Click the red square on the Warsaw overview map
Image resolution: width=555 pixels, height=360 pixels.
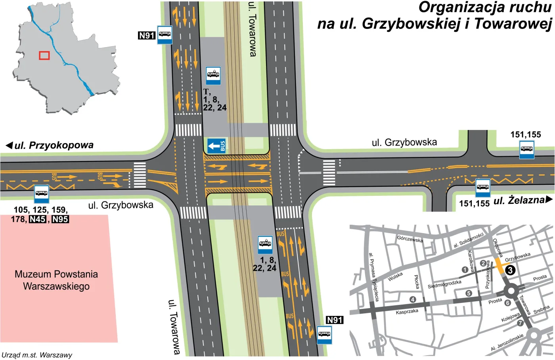44,56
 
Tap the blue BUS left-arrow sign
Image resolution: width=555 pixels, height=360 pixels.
216,146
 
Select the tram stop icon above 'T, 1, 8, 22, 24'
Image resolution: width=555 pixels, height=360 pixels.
213,75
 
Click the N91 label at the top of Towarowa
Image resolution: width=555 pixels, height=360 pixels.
146,35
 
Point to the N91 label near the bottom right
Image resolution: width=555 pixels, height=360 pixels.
334,320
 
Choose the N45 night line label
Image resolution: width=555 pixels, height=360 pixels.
38,219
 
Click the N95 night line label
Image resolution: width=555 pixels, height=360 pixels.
60,219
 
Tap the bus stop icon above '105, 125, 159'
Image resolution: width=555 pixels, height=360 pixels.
42,194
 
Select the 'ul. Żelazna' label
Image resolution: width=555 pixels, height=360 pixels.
519,201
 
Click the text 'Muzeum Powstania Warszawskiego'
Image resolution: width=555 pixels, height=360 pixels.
56,280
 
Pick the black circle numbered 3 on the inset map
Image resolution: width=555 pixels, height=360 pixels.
510,270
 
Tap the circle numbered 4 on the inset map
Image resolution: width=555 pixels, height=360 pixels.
413,299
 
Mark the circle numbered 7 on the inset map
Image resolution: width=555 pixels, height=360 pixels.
520,323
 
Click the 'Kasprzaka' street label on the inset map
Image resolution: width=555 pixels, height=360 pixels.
407,312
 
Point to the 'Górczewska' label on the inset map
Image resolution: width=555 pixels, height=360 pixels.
410,239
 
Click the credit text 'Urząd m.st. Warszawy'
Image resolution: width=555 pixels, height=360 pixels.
37,355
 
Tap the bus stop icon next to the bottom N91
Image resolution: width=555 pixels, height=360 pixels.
324,334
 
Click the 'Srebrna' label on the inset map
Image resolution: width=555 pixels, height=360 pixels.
542,309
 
